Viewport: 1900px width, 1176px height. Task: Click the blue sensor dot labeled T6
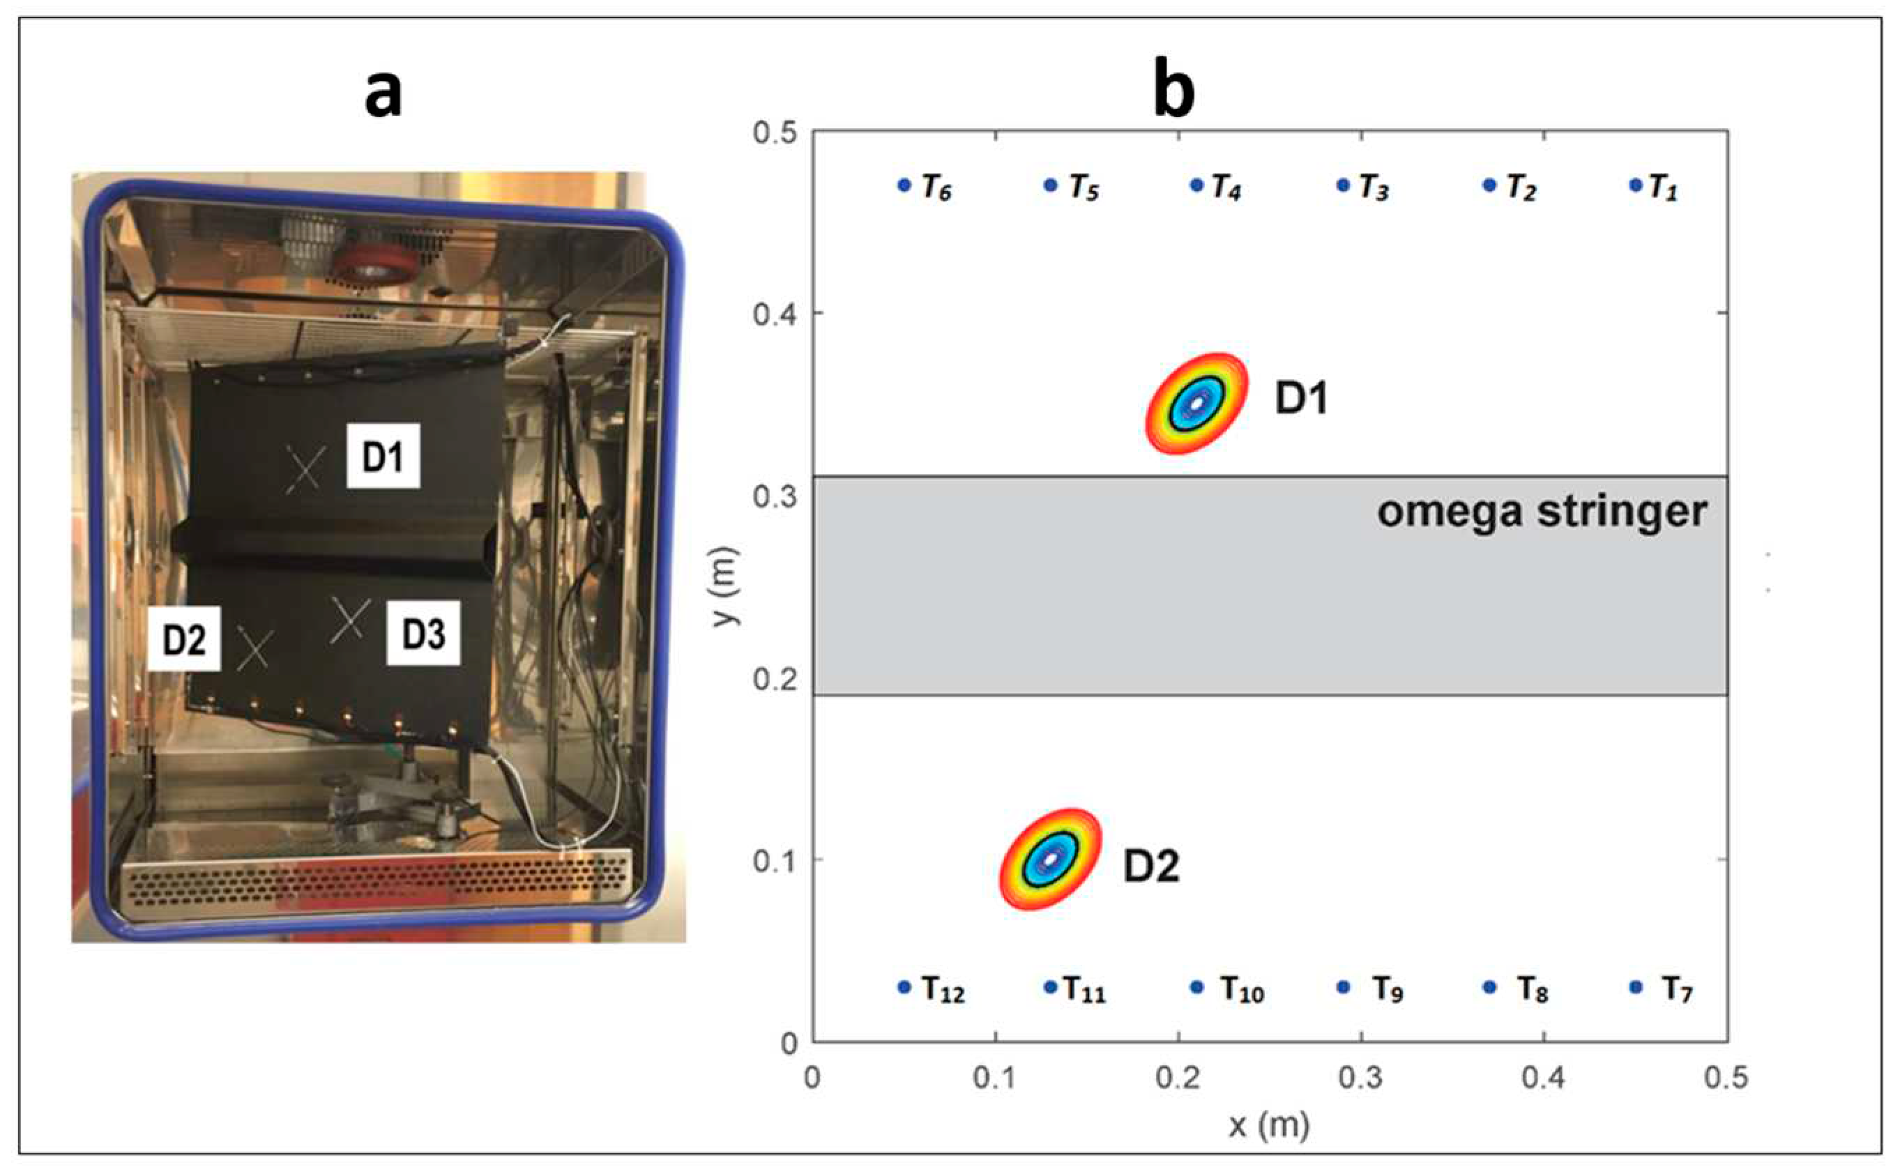[x=904, y=185]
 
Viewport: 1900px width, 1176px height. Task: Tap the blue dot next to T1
[x=1635, y=185]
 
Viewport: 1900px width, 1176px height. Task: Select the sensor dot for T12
[x=904, y=987]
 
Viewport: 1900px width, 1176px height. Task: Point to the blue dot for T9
[x=1343, y=987]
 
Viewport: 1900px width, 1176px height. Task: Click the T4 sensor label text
[x=1226, y=188]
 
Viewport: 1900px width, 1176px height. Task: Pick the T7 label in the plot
[x=1678, y=989]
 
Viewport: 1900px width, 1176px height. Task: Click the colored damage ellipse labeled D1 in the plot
[x=1197, y=403]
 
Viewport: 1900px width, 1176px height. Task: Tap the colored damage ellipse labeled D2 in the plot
[x=1051, y=860]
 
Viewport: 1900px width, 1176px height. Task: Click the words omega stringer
[x=1542, y=512]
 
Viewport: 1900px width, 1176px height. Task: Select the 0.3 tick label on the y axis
[x=775, y=496]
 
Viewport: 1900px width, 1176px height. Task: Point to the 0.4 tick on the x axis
[x=1544, y=1078]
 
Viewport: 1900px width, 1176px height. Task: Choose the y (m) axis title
[x=726, y=586]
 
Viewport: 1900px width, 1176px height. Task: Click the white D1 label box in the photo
[x=383, y=457]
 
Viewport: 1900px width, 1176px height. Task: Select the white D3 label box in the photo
[x=424, y=633]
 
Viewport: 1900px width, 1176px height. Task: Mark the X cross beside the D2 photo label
[x=254, y=650]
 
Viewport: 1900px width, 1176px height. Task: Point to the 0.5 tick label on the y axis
[x=775, y=132]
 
